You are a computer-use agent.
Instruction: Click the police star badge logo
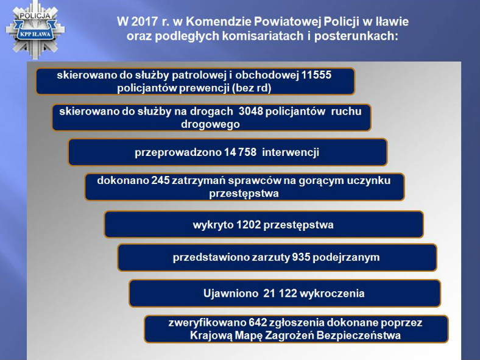click(x=35, y=30)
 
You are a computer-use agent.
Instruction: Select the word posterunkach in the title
click(x=356, y=36)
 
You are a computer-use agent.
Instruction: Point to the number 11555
click(x=317, y=75)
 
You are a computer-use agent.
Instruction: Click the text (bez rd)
click(x=252, y=88)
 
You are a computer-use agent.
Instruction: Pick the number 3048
click(x=251, y=111)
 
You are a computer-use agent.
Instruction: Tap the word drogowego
click(x=210, y=125)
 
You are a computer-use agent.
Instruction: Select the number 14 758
click(x=241, y=152)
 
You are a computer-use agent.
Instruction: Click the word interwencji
click(x=291, y=152)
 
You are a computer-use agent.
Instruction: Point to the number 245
click(x=160, y=180)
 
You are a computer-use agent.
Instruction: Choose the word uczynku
click(x=369, y=181)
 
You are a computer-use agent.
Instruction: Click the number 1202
click(x=249, y=225)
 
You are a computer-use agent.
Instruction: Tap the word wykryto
click(x=213, y=225)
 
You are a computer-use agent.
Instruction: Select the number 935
click(x=301, y=257)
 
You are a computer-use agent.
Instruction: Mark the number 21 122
click(x=280, y=294)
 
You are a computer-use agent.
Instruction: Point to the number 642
click(x=258, y=323)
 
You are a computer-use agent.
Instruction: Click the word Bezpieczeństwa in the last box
click(x=358, y=336)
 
